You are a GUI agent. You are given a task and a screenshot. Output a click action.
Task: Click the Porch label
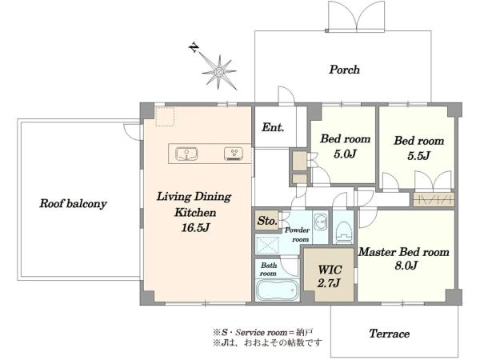[344, 70]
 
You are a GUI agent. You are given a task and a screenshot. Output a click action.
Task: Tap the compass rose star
[219, 72]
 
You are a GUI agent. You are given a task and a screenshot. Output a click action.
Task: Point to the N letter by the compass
[194, 48]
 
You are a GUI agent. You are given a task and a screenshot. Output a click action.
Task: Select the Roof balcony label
[73, 203]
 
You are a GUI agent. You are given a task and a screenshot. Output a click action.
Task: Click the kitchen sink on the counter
[186, 154]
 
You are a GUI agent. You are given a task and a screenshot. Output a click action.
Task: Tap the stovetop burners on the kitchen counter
[234, 154]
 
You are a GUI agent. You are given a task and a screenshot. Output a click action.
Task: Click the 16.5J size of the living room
[196, 227]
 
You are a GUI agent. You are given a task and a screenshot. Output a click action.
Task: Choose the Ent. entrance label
[273, 127]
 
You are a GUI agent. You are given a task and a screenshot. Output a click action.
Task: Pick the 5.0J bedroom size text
[345, 154]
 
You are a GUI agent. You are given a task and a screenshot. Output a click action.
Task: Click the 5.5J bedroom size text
[418, 155]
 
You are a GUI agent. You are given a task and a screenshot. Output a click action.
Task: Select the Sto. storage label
[267, 221]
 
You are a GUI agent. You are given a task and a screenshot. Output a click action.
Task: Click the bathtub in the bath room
[277, 290]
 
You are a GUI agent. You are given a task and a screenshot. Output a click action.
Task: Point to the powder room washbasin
[321, 221]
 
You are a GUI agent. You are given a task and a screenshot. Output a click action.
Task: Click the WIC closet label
[330, 270]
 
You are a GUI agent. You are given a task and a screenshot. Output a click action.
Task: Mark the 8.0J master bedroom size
[406, 265]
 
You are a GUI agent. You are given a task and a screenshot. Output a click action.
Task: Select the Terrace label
[389, 334]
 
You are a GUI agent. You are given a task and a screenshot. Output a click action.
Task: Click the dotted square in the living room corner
[165, 116]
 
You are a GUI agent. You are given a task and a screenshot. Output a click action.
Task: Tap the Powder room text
[297, 234]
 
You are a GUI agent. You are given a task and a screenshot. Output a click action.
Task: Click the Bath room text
[269, 269]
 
